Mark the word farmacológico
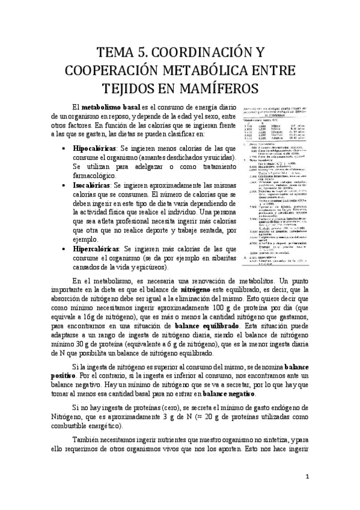pos(99,177)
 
